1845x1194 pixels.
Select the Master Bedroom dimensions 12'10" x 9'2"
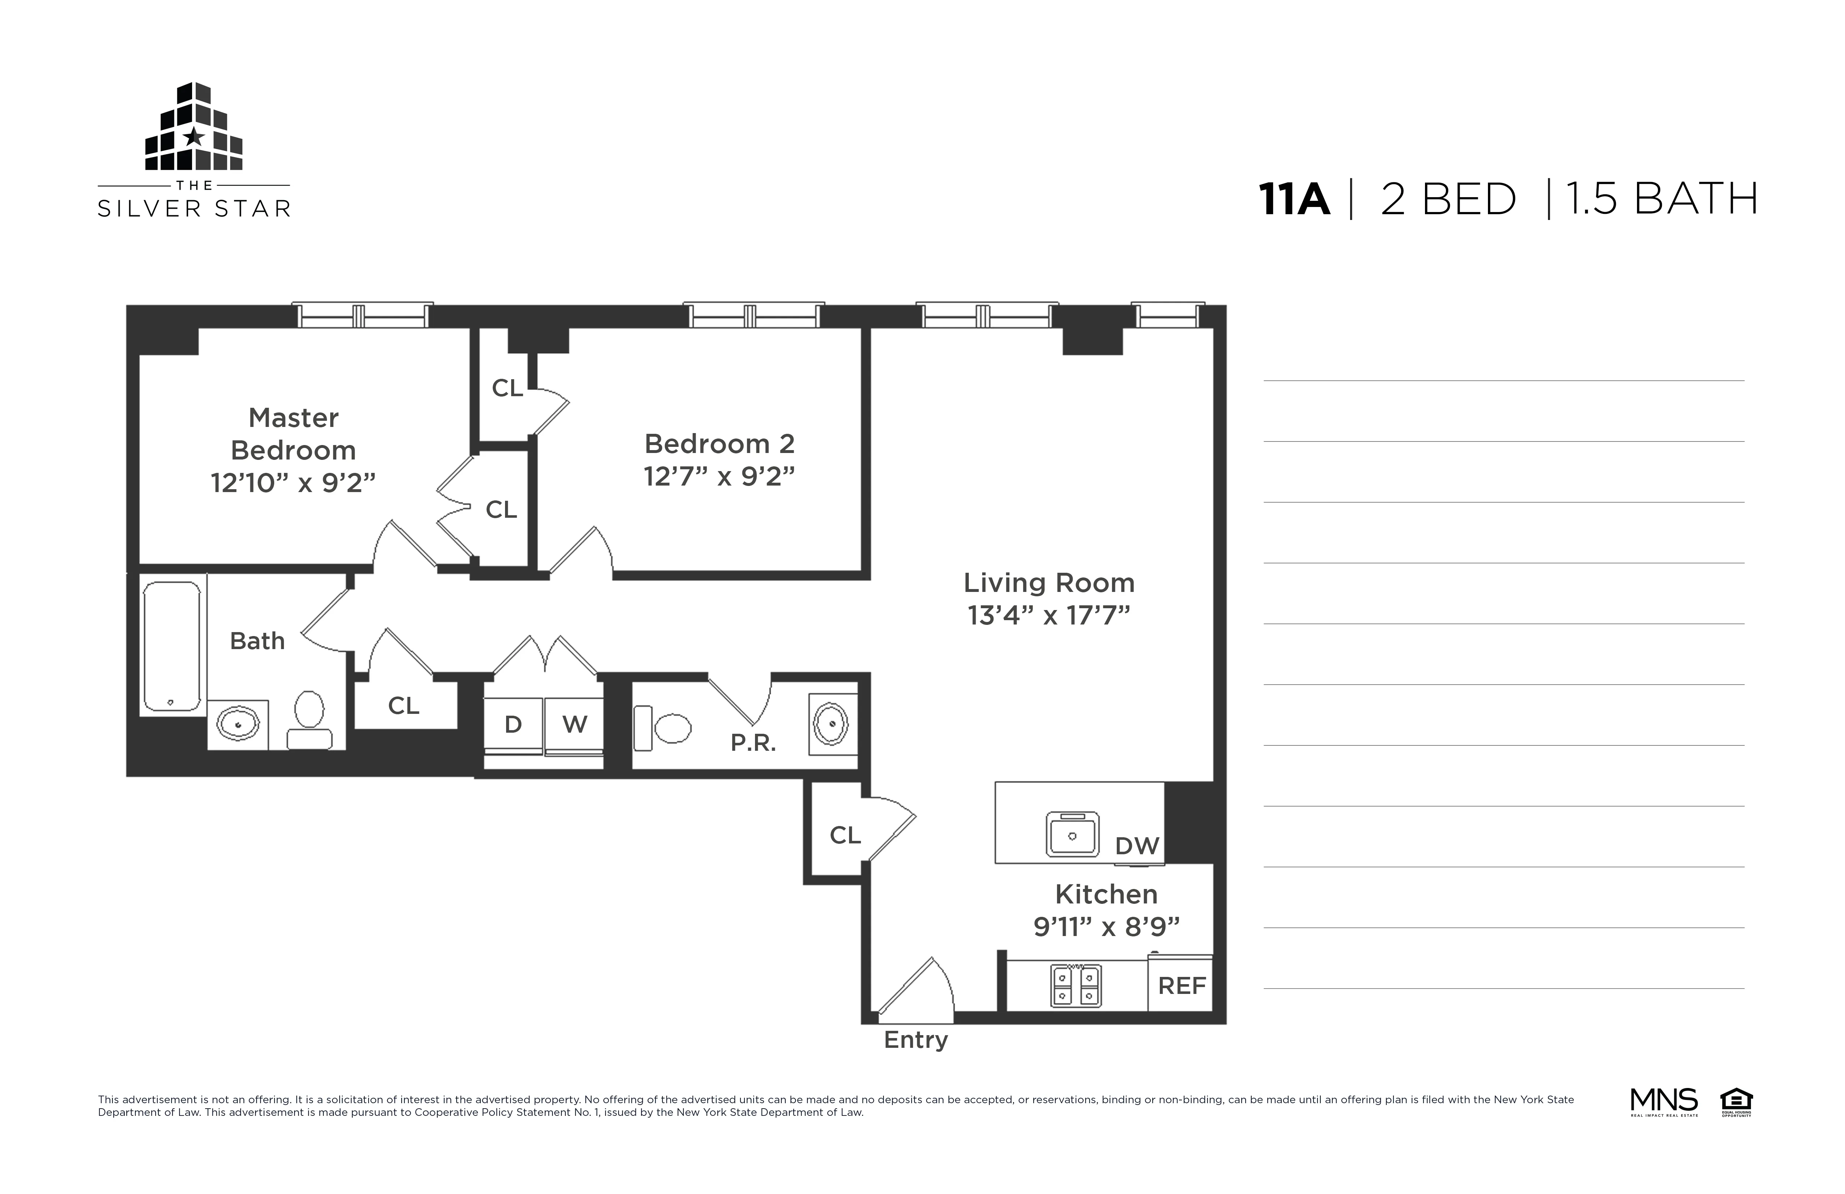293,483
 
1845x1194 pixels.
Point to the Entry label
916,1040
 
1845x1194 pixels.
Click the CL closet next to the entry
844,835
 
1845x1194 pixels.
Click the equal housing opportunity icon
1736,1101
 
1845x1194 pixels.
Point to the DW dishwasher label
1136,846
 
